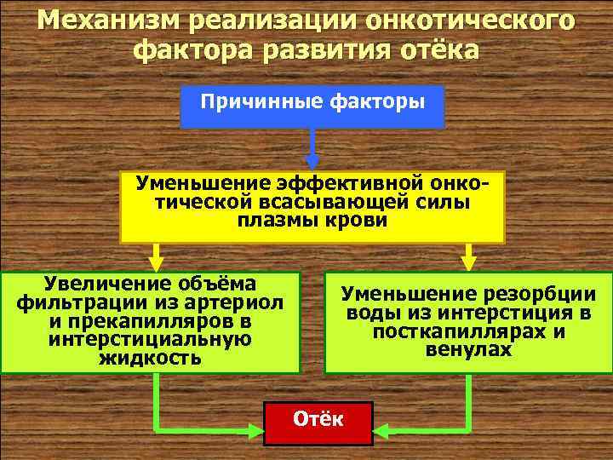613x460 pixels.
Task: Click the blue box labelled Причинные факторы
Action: coord(312,106)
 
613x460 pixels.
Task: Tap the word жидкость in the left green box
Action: coord(151,357)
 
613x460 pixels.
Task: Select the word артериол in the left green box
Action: coord(240,302)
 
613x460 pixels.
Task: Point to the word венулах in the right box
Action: coord(470,350)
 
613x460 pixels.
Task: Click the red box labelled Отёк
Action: coord(318,423)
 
